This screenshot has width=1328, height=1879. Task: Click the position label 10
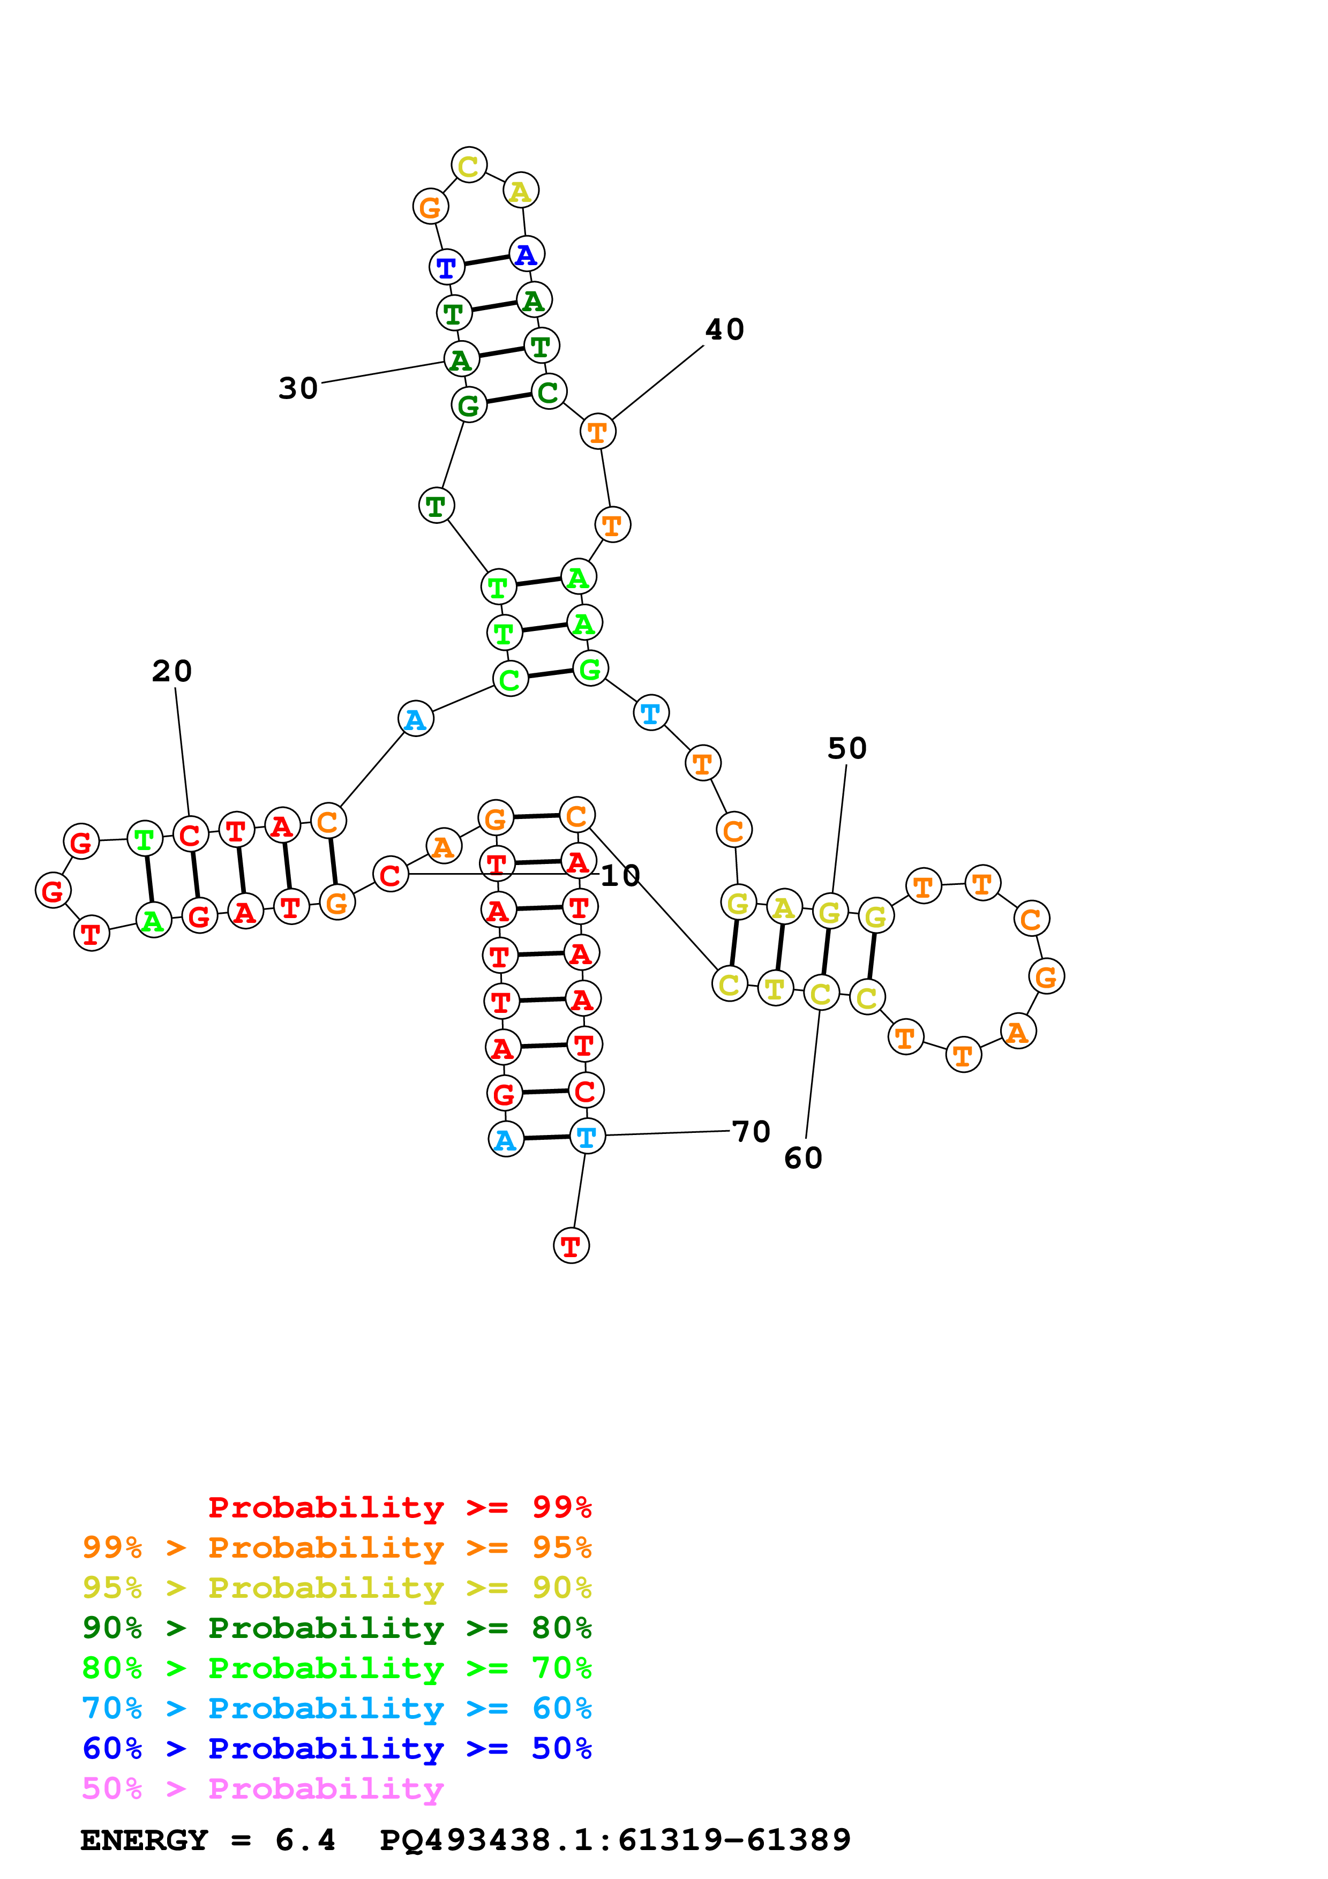[620, 876]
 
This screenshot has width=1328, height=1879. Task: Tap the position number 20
[172, 671]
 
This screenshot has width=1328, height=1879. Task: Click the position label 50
[847, 748]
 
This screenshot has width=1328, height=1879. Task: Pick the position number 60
[802, 1158]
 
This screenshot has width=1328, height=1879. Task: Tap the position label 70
[751, 1132]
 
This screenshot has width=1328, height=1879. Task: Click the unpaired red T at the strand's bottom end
[571, 1245]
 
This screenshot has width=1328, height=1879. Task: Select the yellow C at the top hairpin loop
[469, 166]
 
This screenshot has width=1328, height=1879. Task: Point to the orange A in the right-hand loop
[1018, 1032]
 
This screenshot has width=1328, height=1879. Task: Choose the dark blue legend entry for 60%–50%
[336, 1748]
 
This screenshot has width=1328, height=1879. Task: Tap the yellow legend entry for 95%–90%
[336, 1587]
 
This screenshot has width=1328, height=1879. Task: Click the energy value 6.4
[305, 1840]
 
